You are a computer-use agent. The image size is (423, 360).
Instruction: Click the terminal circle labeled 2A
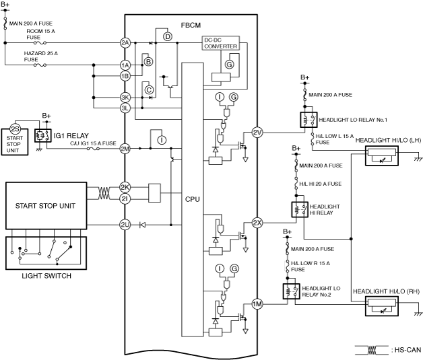[125, 43]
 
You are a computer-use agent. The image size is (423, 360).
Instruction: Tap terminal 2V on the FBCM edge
[257, 133]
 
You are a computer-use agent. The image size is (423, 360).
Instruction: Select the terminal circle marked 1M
[257, 304]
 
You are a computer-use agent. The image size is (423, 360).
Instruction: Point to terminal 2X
[257, 223]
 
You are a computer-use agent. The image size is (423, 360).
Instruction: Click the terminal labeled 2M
[125, 149]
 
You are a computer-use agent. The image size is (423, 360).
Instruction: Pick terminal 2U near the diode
[125, 225]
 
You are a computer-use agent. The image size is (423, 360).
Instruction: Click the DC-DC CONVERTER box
[221, 43]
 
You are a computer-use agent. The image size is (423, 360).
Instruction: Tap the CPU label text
[193, 199]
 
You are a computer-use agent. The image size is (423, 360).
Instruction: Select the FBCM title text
[191, 26]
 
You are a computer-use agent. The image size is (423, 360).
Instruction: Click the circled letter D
[168, 36]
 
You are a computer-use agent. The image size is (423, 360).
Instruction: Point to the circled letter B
[148, 62]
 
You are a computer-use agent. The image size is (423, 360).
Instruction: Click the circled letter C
[149, 90]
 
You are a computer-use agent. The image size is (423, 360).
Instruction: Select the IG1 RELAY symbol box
[43, 135]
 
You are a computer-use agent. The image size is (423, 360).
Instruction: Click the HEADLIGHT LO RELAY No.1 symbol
[308, 120]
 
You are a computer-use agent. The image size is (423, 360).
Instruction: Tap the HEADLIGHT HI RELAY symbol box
[300, 209]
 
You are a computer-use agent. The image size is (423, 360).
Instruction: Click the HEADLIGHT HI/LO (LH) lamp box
[382, 155]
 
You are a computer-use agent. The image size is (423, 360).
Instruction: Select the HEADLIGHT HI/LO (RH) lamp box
[382, 306]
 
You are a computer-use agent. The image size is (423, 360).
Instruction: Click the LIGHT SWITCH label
[46, 276]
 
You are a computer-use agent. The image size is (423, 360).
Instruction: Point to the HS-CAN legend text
[408, 350]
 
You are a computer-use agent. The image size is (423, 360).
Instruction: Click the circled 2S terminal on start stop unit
[15, 129]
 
